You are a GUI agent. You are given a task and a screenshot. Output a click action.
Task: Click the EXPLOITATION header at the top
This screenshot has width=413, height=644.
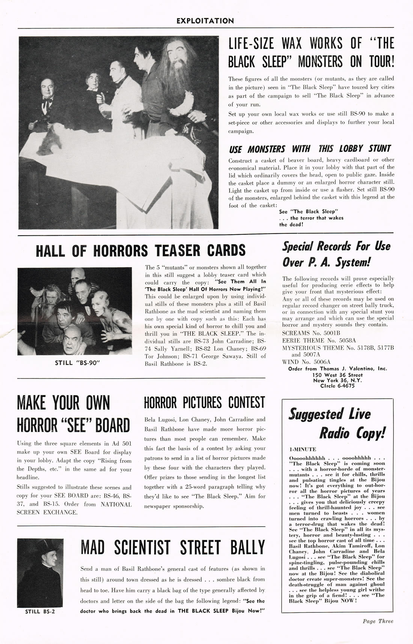tap(205, 21)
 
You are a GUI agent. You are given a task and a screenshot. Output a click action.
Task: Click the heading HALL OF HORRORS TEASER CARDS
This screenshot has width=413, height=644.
tap(140, 251)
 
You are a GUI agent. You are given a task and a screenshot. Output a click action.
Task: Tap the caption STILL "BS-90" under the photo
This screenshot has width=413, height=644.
tap(74, 363)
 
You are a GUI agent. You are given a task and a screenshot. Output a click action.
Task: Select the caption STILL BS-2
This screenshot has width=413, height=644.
tap(40, 611)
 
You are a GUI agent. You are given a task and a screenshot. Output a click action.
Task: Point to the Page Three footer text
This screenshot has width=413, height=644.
tap(378, 621)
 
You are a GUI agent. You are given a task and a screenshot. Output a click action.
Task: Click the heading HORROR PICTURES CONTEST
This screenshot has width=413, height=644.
tap(205, 403)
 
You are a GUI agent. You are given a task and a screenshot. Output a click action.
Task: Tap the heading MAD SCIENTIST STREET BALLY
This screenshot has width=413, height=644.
tap(173, 548)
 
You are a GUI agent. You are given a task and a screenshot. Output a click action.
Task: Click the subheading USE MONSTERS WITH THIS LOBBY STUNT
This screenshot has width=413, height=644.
tap(310, 149)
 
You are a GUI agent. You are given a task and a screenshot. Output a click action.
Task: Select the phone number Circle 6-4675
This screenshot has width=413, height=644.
tap(337, 386)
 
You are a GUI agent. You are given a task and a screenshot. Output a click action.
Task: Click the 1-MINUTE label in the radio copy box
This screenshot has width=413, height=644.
tap(303, 449)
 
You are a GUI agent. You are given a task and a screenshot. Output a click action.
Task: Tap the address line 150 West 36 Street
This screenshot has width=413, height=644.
tap(337, 375)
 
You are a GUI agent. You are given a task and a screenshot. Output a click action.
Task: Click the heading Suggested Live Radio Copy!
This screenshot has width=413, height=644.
tap(337, 424)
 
